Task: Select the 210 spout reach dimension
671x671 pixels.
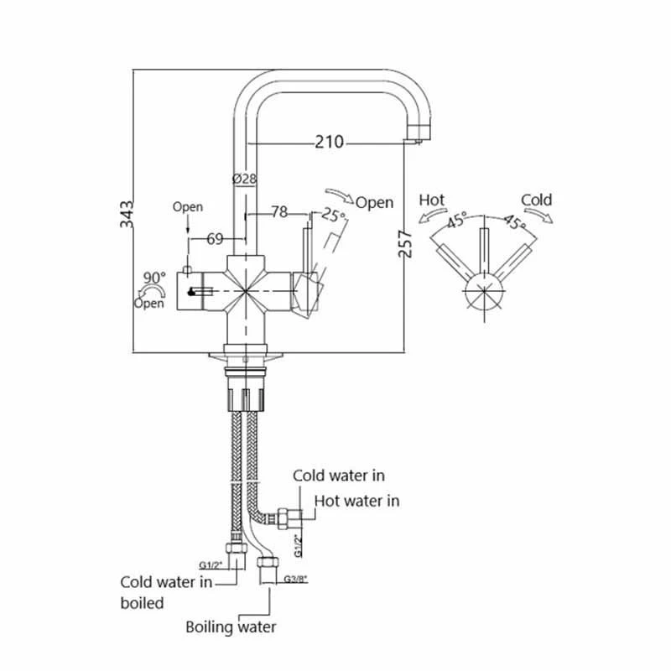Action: click(x=330, y=143)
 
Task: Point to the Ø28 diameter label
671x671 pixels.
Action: click(x=243, y=179)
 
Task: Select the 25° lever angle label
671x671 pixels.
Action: click(x=335, y=216)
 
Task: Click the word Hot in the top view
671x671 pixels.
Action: click(x=431, y=200)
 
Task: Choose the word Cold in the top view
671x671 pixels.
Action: click(x=536, y=200)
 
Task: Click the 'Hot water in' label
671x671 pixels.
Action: click(x=356, y=502)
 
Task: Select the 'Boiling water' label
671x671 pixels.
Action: click(x=231, y=627)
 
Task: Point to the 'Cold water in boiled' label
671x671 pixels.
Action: click(x=166, y=592)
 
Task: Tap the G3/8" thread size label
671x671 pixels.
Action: click(x=297, y=579)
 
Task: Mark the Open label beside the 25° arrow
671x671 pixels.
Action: click(x=374, y=202)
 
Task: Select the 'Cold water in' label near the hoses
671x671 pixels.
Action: click(x=339, y=476)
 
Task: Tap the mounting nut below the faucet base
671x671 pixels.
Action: click(x=246, y=395)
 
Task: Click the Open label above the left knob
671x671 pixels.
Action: click(x=188, y=206)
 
